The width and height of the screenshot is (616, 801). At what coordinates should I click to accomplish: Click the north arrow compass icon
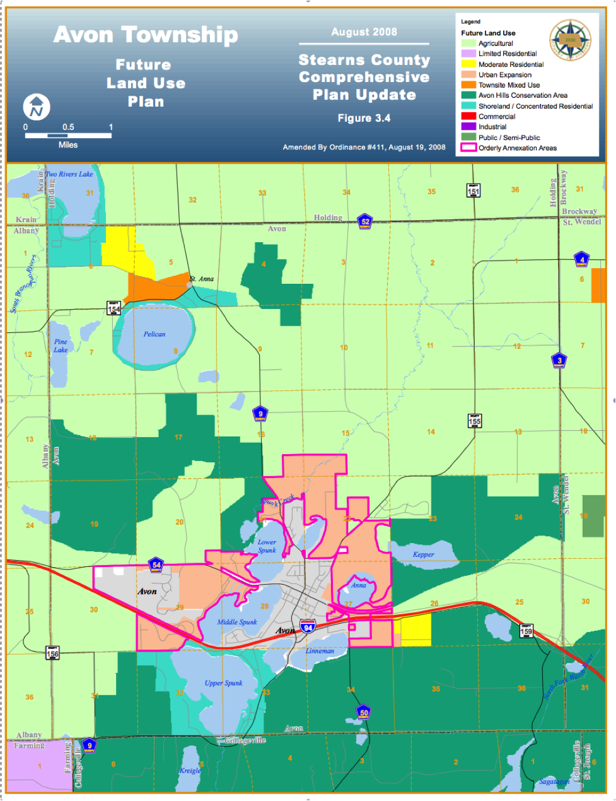click(x=37, y=107)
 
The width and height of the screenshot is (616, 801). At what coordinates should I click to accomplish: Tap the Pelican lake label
click(x=154, y=334)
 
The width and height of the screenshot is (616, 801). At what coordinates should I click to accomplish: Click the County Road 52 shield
click(x=365, y=221)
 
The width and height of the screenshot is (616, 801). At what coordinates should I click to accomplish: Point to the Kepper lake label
click(x=424, y=554)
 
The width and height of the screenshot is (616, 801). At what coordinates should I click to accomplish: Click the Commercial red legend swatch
click(x=468, y=117)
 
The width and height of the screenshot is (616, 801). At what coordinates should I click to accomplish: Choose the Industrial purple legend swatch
click(x=468, y=127)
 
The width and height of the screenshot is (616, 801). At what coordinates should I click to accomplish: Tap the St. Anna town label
click(x=202, y=279)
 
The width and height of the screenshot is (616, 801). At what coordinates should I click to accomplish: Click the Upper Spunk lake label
click(x=223, y=683)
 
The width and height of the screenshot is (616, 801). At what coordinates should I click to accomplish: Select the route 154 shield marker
click(x=113, y=307)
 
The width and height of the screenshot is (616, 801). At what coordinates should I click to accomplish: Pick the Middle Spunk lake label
click(x=237, y=622)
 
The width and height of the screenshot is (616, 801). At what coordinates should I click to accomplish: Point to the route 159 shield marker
click(x=526, y=629)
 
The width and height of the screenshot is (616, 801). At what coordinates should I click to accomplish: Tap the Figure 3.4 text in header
click(x=364, y=118)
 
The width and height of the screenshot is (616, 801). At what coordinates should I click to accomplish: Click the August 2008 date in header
click(x=364, y=32)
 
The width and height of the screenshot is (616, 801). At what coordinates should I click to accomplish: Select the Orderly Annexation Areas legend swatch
click(x=468, y=148)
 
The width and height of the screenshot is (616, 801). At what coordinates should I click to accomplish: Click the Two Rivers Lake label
click(x=69, y=174)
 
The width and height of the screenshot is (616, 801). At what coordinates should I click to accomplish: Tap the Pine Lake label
click(x=61, y=346)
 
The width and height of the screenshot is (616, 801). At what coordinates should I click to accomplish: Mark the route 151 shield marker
click(x=474, y=190)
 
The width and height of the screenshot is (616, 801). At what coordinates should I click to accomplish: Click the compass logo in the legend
click(x=570, y=40)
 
